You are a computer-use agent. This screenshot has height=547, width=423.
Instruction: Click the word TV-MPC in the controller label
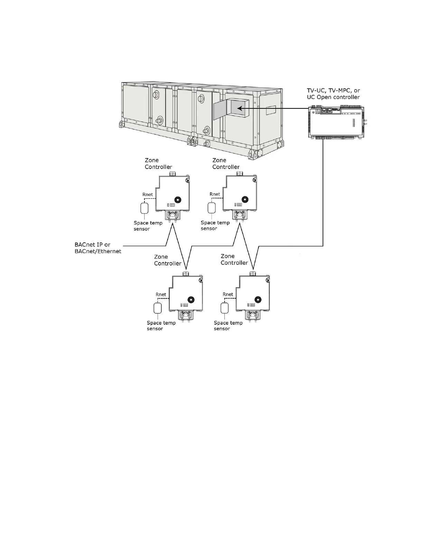click(337, 90)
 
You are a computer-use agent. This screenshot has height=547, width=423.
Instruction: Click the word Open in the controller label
click(324, 97)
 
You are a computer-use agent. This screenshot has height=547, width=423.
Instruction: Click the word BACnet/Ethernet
click(98, 251)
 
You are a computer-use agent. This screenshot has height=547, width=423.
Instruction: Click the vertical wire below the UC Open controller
click(323, 190)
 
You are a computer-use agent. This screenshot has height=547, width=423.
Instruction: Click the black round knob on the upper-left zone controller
click(178, 200)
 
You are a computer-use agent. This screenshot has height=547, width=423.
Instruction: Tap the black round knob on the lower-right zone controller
click(257, 299)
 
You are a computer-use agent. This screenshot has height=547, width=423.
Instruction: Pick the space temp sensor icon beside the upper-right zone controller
click(211, 208)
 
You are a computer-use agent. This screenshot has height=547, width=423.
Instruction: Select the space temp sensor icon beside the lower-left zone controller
click(158, 308)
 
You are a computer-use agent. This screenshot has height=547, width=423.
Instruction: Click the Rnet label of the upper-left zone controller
click(148, 194)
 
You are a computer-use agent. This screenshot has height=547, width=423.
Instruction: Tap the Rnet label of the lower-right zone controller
click(228, 295)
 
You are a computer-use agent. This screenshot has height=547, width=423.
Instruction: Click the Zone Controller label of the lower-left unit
click(168, 260)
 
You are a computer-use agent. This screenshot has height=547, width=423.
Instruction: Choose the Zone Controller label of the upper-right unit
click(226, 164)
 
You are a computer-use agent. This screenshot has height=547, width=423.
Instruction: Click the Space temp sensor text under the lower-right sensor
click(228, 326)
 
